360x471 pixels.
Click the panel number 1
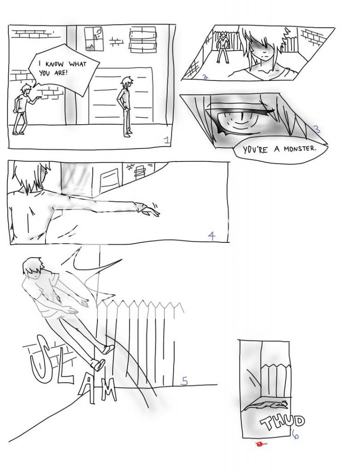(x=167, y=140)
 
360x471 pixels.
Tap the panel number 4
(x=211, y=236)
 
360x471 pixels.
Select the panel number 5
(x=185, y=381)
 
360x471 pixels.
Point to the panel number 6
(x=296, y=435)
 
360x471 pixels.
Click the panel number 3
(x=317, y=129)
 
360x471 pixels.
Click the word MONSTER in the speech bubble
(x=300, y=149)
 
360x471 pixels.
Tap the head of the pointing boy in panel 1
(x=26, y=89)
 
